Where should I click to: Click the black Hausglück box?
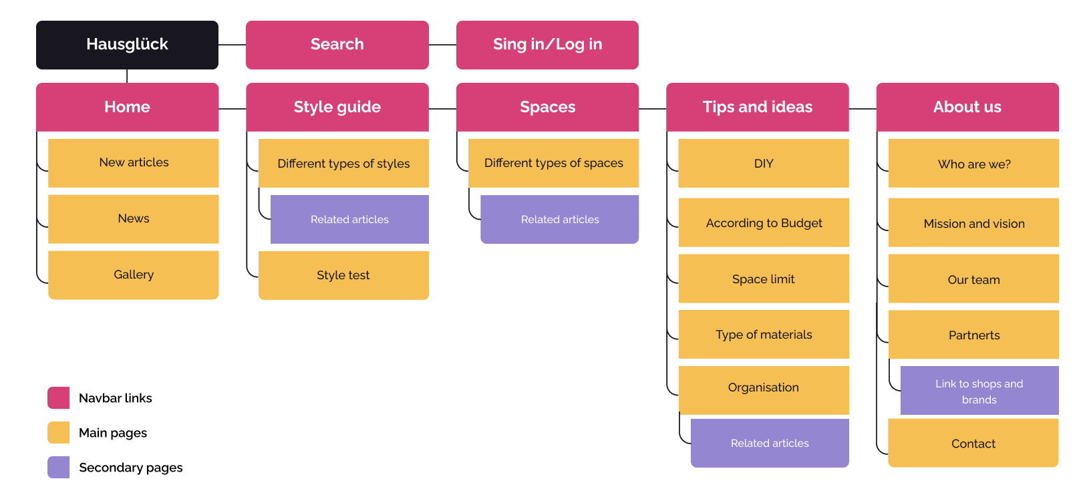coord(127,45)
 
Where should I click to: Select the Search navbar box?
coord(337,45)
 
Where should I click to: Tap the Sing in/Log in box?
coord(547,45)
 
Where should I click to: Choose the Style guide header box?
coord(337,107)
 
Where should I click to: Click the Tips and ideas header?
coord(757,107)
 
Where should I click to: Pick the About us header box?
coord(967,107)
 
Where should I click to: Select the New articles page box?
coord(134,163)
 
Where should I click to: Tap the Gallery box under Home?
coord(134,275)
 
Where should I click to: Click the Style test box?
coord(343,275)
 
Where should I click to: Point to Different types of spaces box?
coord(553,163)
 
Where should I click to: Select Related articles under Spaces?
coord(559,219)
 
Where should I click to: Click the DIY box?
coord(764,164)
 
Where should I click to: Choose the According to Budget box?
coord(764,223)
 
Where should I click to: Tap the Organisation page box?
coord(764,388)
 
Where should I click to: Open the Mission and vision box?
coord(973,224)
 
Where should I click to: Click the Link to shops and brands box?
coord(979,391)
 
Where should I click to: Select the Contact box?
coord(973,444)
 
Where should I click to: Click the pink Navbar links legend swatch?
coord(59,397)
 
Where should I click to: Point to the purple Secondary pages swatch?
coord(59,467)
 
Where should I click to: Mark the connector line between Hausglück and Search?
coord(232,45)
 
